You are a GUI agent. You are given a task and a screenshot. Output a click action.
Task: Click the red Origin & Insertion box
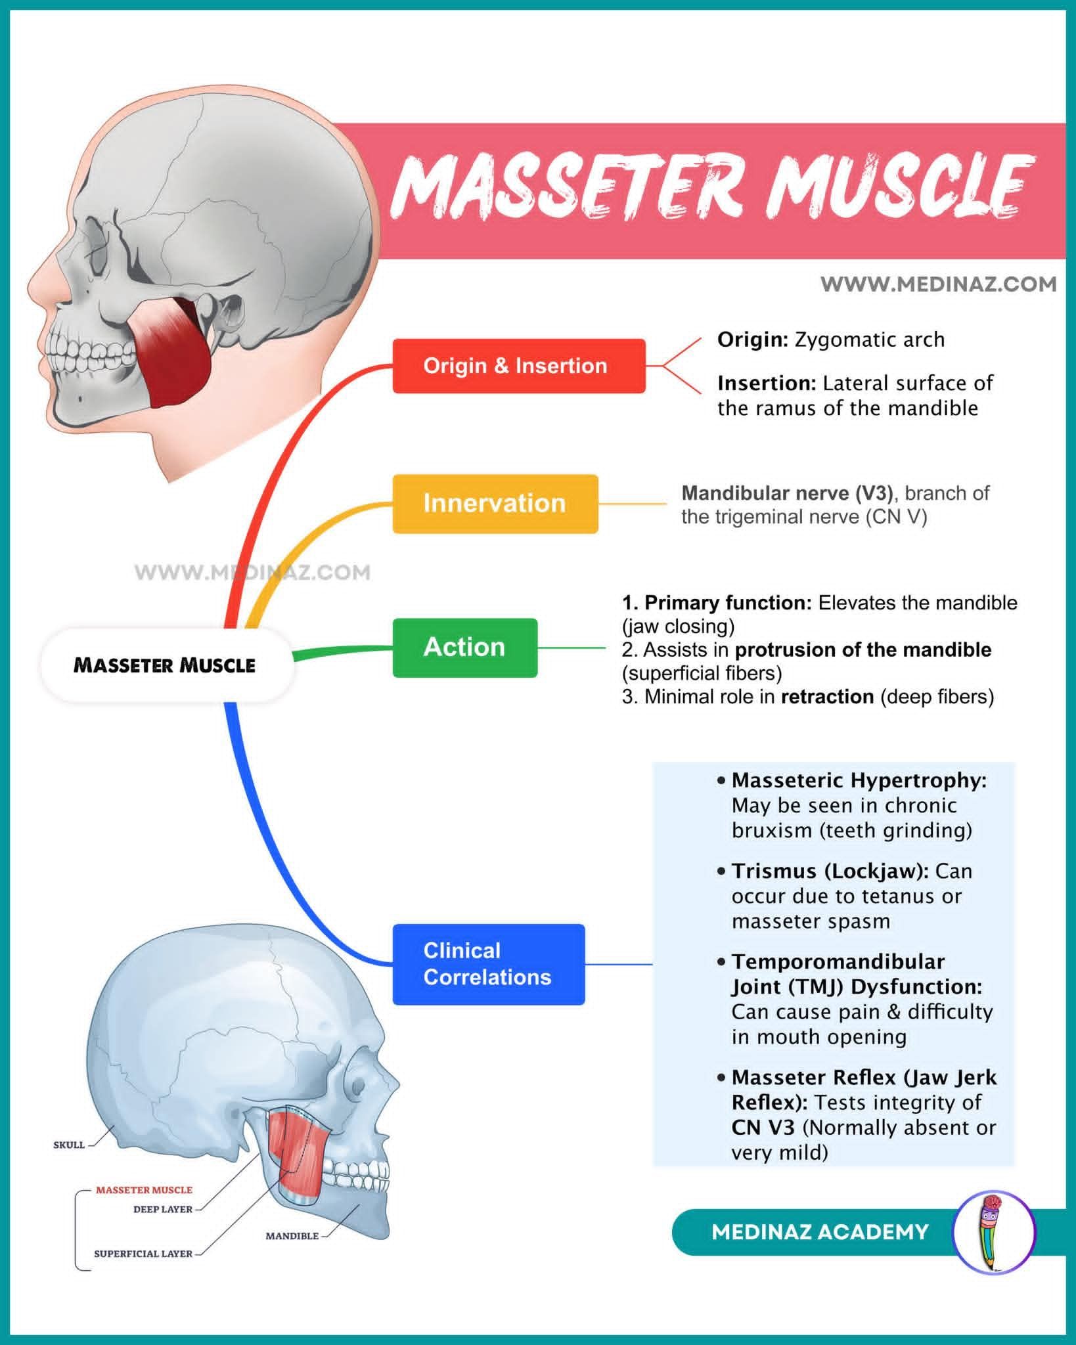519,366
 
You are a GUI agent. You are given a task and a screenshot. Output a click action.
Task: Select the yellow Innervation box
495,504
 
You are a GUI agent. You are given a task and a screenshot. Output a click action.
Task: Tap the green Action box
465,648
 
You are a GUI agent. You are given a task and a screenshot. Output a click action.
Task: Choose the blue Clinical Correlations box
489,964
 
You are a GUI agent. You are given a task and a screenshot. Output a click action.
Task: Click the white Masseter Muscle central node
166,665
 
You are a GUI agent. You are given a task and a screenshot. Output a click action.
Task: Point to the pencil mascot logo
993,1232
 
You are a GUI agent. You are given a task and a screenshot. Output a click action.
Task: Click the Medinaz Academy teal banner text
820,1232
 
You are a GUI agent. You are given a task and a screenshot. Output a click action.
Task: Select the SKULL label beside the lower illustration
69,1145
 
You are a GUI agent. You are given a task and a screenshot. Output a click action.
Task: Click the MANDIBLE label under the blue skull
292,1236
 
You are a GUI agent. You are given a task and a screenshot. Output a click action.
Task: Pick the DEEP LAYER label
163,1209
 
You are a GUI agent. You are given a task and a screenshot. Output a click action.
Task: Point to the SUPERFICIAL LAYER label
143,1254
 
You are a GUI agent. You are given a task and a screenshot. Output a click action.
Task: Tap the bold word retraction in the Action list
827,696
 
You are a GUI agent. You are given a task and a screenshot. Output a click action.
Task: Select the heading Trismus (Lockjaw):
830,871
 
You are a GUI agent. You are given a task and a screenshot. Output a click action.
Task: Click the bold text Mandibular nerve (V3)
788,493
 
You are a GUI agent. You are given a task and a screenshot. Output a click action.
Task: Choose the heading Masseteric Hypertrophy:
859,780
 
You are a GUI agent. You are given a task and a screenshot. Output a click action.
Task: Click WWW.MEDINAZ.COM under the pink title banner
939,284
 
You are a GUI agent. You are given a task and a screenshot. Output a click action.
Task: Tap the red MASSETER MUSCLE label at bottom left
145,1189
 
